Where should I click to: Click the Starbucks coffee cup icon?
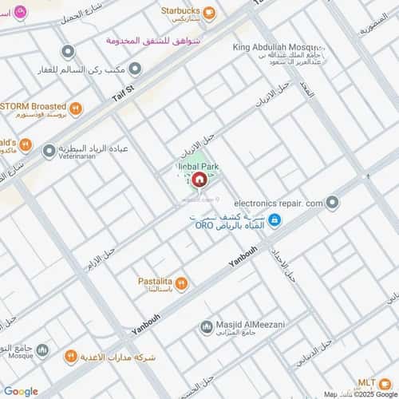tap(208, 12)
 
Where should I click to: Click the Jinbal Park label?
tap(199, 167)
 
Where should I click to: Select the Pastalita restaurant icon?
tap(182, 283)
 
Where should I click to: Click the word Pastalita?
tap(155, 282)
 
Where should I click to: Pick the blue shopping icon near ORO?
tap(274, 220)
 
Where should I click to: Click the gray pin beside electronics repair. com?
tap(333, 203)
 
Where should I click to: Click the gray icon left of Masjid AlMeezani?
tap(207, 326)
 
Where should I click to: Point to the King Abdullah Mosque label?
tap(278, 48)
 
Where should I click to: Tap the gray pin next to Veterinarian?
tap(49, 150)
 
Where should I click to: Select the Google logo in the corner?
tap(20, 391)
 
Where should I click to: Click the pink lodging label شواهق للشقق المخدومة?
tap(168, 39)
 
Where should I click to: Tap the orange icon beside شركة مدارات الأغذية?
tap(70, 355)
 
